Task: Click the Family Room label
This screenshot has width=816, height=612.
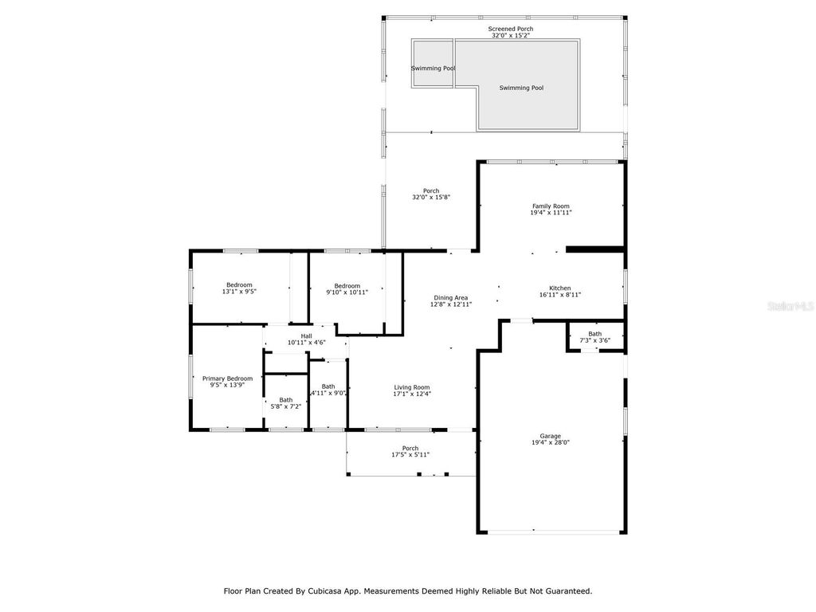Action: [551, 206]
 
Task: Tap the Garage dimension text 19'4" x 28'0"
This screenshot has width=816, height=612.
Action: [551, 442]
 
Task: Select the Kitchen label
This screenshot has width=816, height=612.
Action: [559, 288]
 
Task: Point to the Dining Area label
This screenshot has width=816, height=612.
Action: [451, 298]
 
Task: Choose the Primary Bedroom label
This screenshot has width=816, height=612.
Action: [227, 379]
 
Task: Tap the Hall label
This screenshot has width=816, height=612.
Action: [306, 335]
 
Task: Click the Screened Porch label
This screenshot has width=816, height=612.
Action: [511, 29]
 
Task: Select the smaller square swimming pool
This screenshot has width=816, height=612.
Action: [433, 64]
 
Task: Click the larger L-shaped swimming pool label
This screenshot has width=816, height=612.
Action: [521, 88]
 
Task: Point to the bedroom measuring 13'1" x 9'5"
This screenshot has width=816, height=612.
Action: [239, 288]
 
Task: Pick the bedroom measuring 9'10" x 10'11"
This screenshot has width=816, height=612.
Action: [347, 289]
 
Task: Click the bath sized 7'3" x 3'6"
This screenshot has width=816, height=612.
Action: [594, 337]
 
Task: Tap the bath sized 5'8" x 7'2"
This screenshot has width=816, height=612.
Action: [285, 403]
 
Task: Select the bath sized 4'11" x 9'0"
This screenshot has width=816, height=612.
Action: [328, 389]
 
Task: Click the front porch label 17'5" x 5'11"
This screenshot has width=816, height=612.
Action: [410, 451]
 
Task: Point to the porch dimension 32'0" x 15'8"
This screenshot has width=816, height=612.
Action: [431, 197]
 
